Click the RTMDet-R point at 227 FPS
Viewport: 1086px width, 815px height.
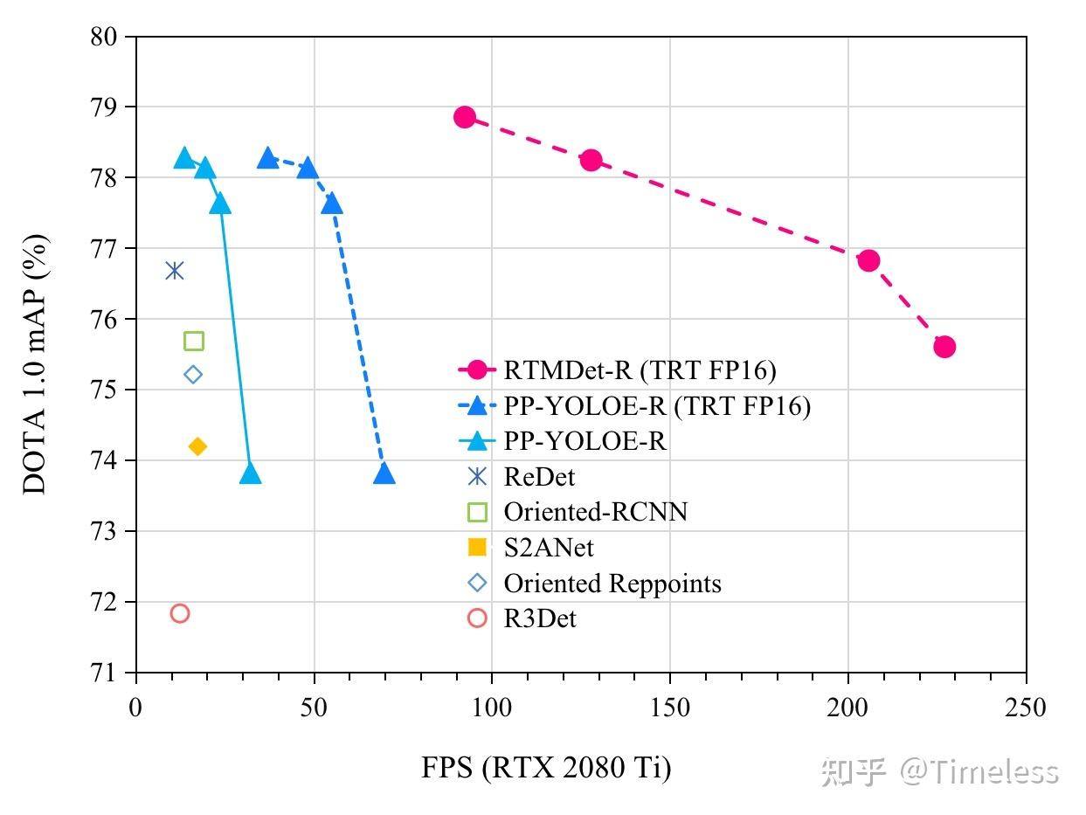coord(944,347)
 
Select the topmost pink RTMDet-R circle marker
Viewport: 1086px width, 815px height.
coord(465,117)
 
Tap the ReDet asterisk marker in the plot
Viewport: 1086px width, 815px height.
coord(175,270)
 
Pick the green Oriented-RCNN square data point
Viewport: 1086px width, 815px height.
coord(194,341)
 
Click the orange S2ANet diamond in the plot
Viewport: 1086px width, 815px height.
coord(197,446)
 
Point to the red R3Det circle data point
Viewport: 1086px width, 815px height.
coord(180,613)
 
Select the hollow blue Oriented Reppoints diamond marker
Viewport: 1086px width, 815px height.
coord(193,375)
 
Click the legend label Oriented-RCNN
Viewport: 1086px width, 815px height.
coord(595,512)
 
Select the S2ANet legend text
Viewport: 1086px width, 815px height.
coord(549,548)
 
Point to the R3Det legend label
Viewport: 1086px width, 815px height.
coord(540,618)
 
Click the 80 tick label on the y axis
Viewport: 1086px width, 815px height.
coord(104,37)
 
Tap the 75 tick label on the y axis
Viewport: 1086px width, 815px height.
coord(104,390)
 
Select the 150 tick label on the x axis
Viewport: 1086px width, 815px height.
coord(670,707)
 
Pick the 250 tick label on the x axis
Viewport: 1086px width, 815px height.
coord(1026,707)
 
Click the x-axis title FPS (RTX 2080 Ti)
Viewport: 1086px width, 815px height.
coord(546,768)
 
